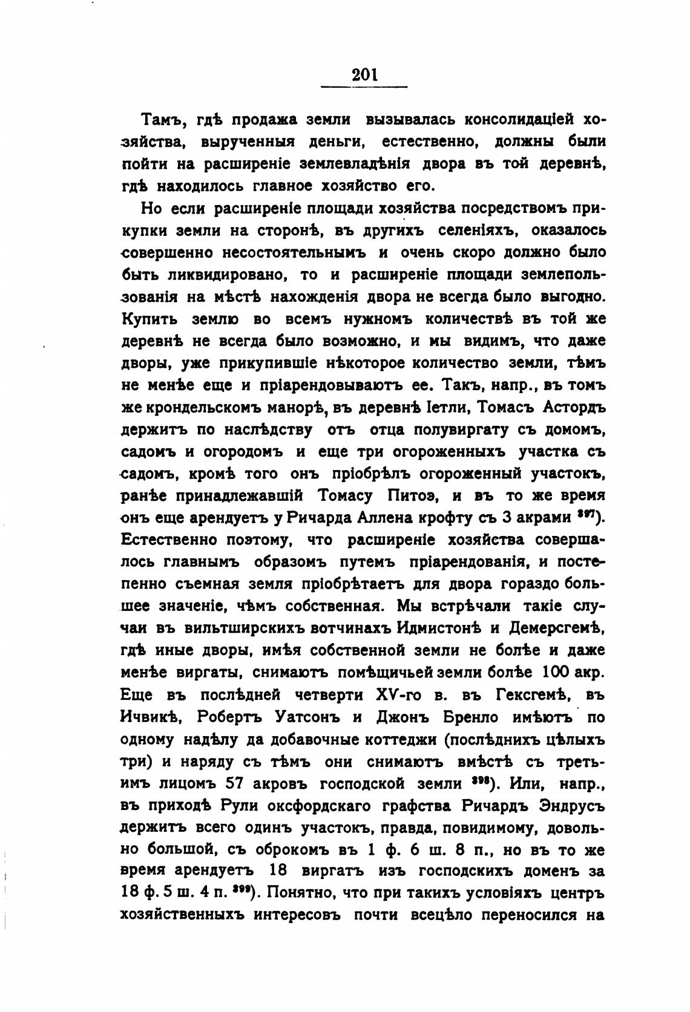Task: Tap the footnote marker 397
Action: (585, 515)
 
